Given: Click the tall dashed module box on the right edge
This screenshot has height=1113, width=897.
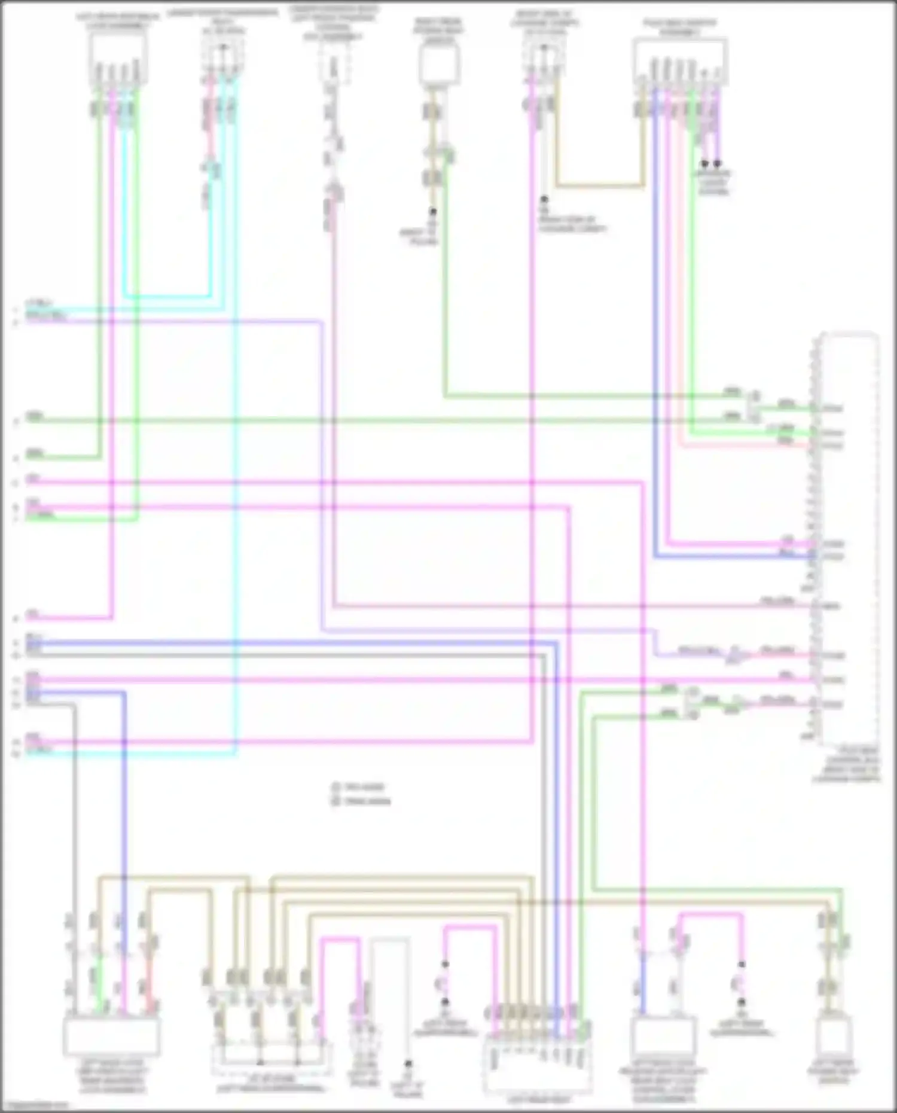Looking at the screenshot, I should click(848, 538).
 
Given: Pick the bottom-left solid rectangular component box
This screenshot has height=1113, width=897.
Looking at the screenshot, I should click(111, 1036).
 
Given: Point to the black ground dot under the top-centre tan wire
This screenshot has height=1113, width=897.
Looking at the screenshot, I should click(432, 212).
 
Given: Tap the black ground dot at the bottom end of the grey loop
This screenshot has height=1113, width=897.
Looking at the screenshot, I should click(408, 1064).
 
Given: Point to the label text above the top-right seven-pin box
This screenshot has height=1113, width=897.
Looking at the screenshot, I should click(680, 28).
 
